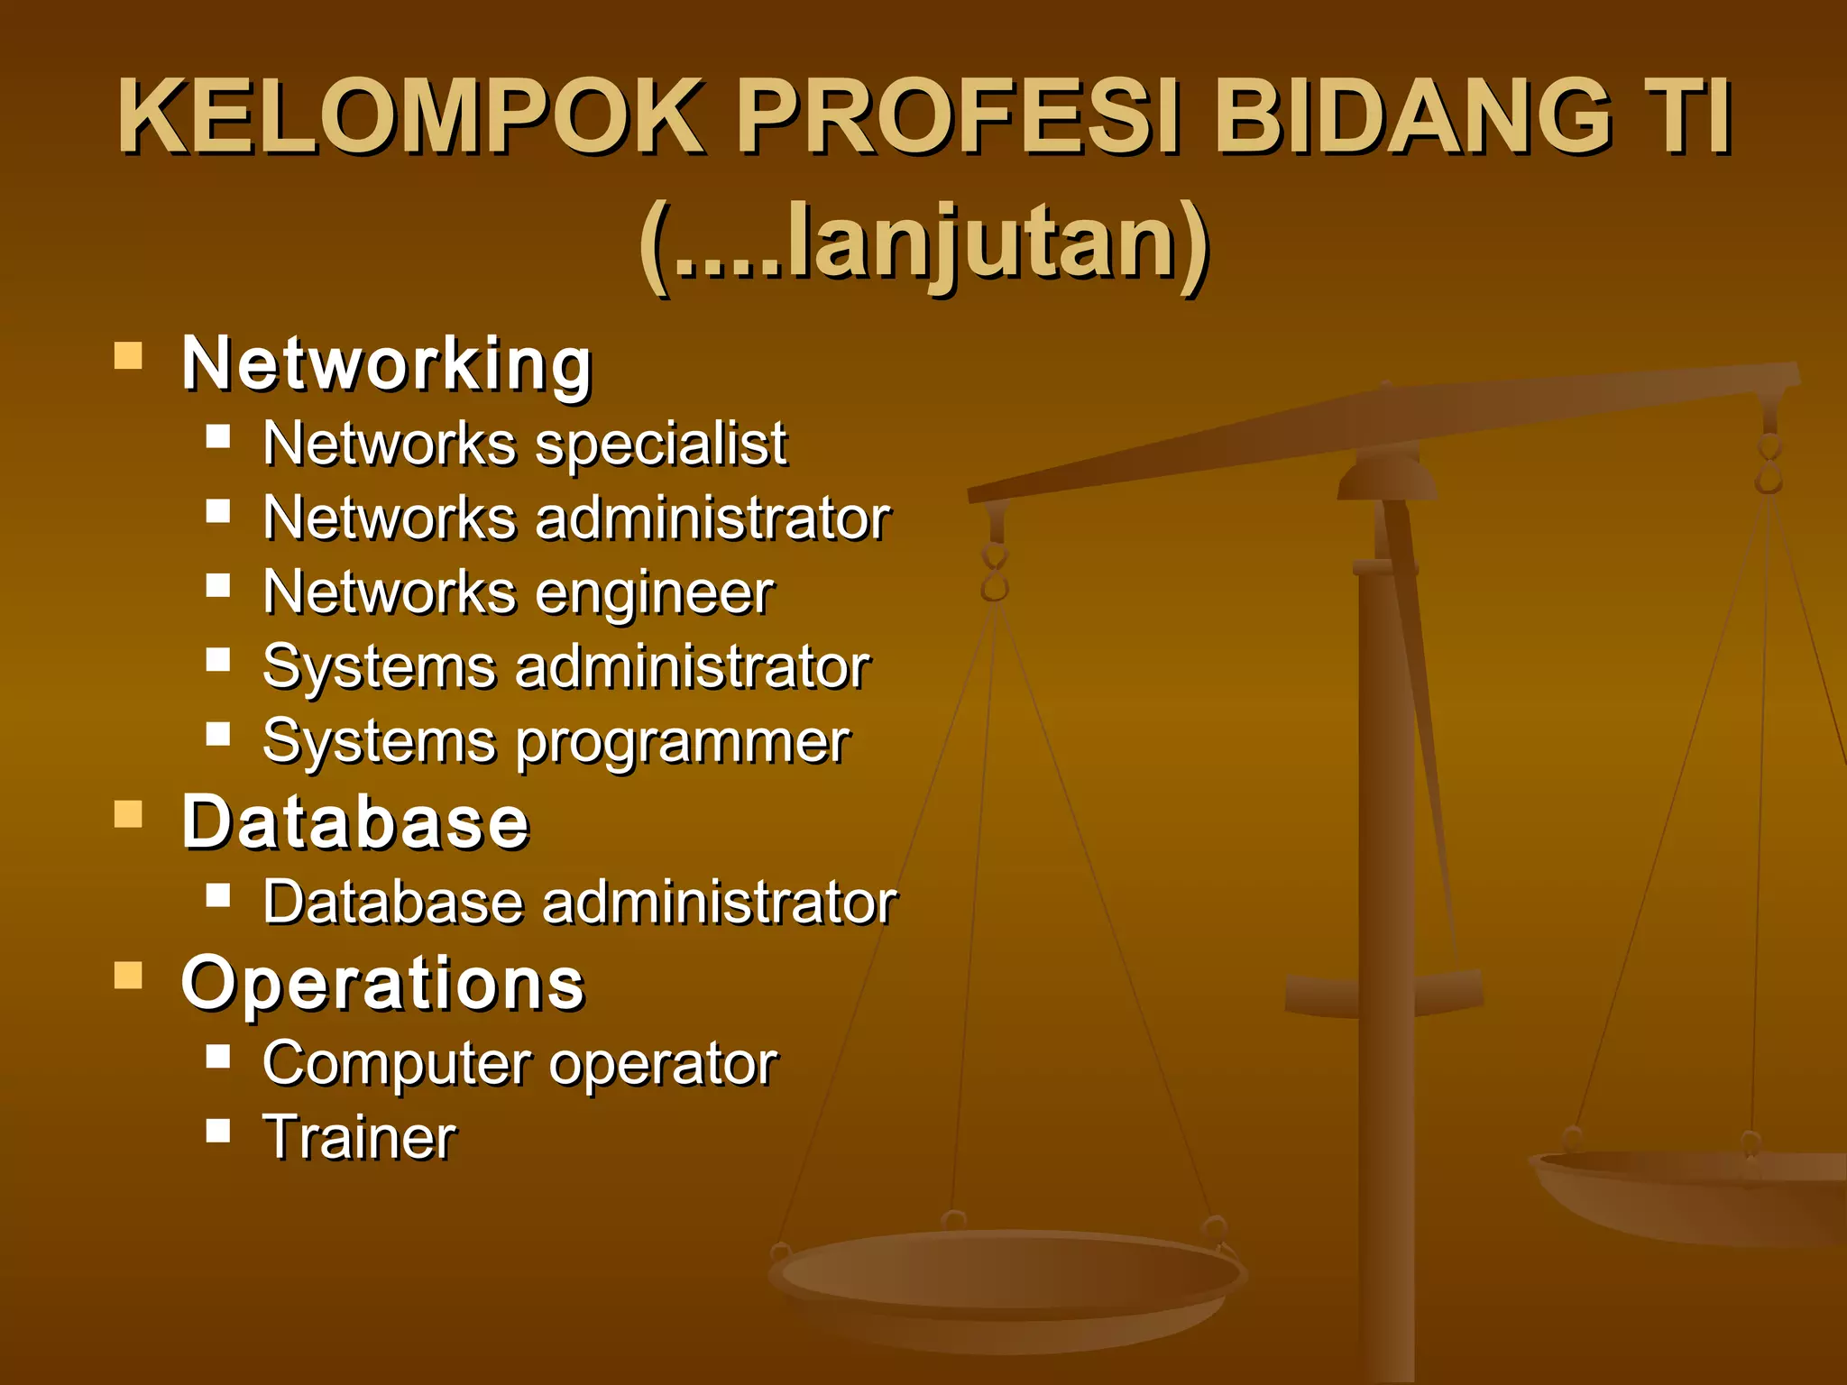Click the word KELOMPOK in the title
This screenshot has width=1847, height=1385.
(410, 117)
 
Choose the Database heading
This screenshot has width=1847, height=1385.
(355, 822)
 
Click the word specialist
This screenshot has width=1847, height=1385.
(661, 445)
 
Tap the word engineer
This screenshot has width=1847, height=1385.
(655, 593)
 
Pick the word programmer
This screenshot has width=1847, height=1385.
(683, 742)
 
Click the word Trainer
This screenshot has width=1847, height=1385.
(360, 1137)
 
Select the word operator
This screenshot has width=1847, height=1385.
(663, 1064)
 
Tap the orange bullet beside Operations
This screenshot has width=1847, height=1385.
(129, 975)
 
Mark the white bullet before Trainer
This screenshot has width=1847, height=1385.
(218, 1130)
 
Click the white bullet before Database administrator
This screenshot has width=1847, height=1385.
(218, 895)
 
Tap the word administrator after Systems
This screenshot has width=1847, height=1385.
(693, 668)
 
